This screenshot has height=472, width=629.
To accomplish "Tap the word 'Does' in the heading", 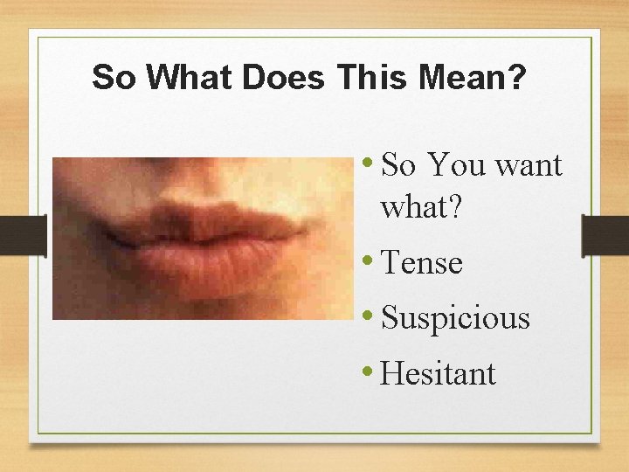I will point(282,78).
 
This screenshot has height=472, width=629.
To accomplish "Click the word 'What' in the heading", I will point(190,78).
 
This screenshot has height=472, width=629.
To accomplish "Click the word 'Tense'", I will point(422,262).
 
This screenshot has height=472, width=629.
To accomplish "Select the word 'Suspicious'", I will point(455,318).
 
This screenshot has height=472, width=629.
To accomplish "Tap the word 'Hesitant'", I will point(439,374).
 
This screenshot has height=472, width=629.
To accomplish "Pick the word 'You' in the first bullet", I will point(458,164).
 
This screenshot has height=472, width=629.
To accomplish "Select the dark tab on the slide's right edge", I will point(605,236).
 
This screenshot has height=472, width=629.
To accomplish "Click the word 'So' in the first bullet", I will point(398,164).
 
